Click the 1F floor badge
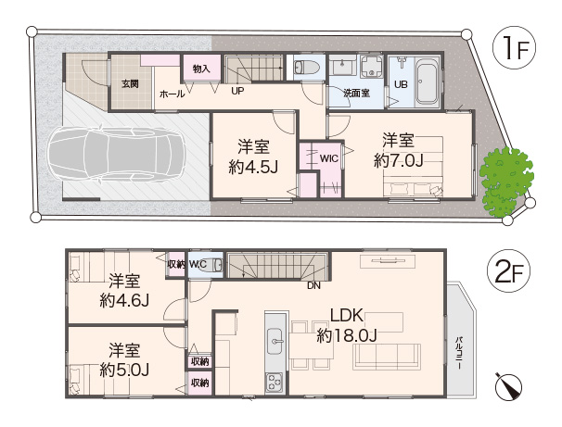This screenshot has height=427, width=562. click(515, 49)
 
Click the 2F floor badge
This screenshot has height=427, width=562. click(508, 271)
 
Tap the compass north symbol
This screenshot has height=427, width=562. click(508, 386)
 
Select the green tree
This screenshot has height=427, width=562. click(505, 182)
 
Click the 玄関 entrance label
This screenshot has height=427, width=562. click(130, 84)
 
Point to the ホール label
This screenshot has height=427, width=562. click(172, 94)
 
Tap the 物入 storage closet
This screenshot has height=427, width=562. click(201, 69)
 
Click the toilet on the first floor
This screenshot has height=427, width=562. click(306, 67)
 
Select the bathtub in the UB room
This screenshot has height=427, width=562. click(427, 82)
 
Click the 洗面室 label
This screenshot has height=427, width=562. click(357, 94)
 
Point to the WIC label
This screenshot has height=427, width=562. click(329, 158)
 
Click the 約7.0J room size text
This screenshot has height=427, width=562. click(398, 161)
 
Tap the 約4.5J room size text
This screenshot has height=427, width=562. click(253, 167)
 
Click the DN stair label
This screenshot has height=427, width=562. click(313, 285)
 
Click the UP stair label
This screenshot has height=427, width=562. click(237, 91)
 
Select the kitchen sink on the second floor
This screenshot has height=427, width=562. click(275, 342)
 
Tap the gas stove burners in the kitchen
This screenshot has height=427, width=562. click(274, 383)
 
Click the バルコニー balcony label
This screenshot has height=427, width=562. click(458, 353)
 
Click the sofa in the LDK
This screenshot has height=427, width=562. click(387, 357)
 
